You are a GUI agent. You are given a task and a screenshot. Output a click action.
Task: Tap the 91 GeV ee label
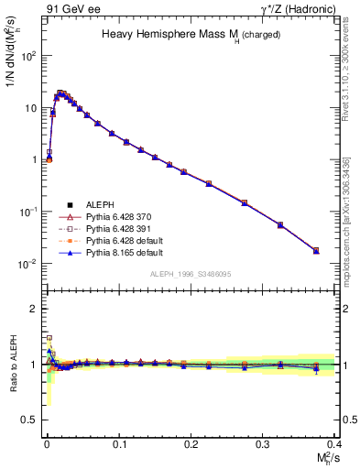pos(68,10)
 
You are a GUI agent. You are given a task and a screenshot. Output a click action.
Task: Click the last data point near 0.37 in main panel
pos(316,250)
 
